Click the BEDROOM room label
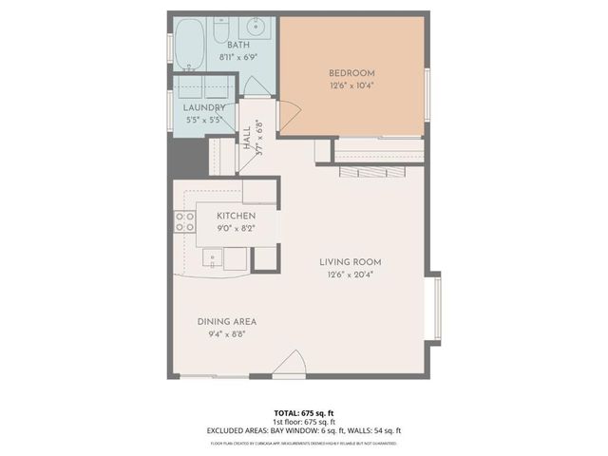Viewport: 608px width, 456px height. (x=351, y=73)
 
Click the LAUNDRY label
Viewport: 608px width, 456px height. (x=203, y=107)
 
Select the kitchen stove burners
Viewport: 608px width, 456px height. (x=184, y=222)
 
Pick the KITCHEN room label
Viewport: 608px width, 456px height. (x=236, y=216)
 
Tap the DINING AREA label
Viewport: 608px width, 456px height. (x=226, y=321)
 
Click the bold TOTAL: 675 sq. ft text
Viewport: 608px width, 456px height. (x=303, y=413)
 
